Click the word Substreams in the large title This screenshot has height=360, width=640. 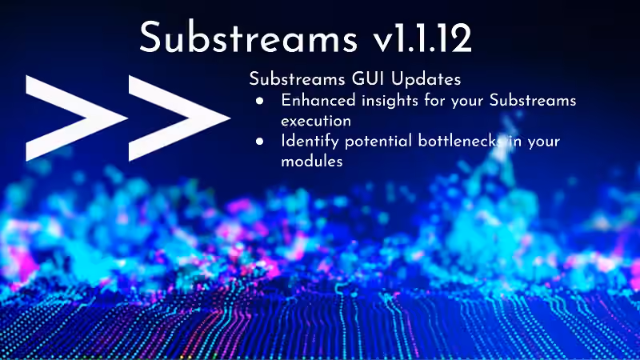tap(248, 37)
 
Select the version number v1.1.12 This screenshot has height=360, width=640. tap(422, 38)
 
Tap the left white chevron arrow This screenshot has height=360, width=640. tap(76, 118)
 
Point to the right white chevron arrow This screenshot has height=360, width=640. tap(179, 118)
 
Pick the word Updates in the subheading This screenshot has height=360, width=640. tap(426, 78)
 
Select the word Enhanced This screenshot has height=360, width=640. tap(318, 101)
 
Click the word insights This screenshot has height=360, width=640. tap(390, 102)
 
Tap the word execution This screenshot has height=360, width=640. tap(316, 122)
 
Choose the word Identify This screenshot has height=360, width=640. tap(310, 142)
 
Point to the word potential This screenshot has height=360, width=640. tap(378, 142)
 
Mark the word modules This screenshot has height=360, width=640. tap(312, 162)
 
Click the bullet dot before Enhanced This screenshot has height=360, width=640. tap(259, 101)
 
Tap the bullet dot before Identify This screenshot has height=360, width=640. tap(259, 142)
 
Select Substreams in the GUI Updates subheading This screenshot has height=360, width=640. tap(297, 78)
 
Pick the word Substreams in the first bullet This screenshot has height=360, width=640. tap(533, 101)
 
